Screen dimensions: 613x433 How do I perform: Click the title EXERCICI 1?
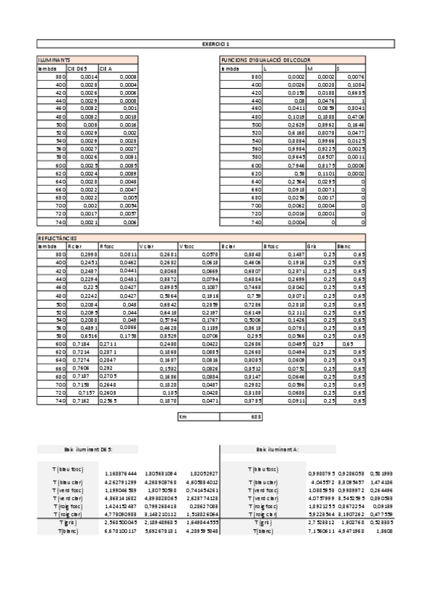pyautogui.click(x=216, y=44)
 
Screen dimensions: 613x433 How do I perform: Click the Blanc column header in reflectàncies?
pyautogui.click(x=345, y=245)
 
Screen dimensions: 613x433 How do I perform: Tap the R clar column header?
pyautogui.click(x=74, y=245)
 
